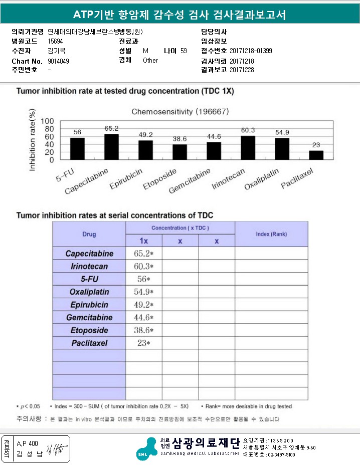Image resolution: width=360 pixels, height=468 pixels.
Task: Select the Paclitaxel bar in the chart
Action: tap(316, 155)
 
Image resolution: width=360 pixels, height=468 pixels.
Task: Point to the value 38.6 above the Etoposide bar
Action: tap(179, 138)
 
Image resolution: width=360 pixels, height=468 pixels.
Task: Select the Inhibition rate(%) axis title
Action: tap(32, 141)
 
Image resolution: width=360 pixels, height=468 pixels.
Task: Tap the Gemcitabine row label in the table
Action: tap(89, 318)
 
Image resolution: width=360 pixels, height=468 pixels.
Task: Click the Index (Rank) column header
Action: tap(271, 234)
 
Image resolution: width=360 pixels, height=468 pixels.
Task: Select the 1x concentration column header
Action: tap(143, 241)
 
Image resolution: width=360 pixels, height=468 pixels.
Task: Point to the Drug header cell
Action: tap(89, 234)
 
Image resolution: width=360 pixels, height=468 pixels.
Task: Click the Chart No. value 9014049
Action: tap(59, 61)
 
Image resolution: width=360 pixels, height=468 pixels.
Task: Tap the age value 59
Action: tap(184, 51)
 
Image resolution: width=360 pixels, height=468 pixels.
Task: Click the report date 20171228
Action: tap(242, 70)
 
